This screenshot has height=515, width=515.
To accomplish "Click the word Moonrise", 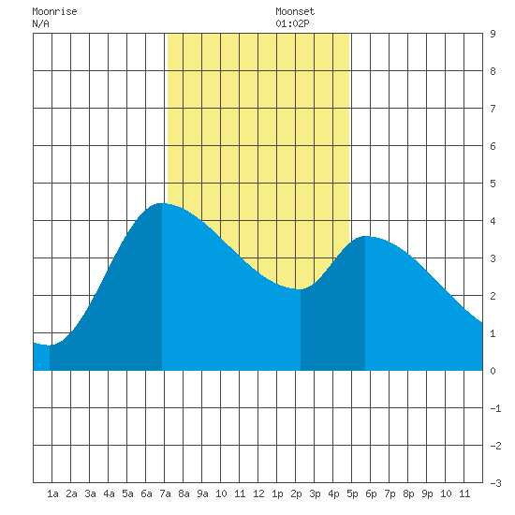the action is [x=54, y=11].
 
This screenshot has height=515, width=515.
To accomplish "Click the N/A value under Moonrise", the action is [x=40, y=23].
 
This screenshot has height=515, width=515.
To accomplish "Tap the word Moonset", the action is [x=295, y=11].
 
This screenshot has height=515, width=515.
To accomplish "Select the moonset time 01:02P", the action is [x=292, y=23].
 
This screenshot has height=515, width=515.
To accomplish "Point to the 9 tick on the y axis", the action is [x=493, y=34].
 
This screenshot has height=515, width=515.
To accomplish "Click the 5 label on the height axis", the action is [x=493, y=184].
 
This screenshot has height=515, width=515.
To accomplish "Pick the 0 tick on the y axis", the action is [x=493, y=371].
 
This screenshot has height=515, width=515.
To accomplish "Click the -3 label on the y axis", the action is [x=495, y=483].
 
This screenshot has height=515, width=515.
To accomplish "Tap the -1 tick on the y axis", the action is [x=495, y=408].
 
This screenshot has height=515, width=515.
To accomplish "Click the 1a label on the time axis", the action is [x=52, y=493].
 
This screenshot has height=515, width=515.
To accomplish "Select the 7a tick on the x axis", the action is [x=165, y=493].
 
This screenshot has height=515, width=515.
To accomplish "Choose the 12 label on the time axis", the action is [x=258, y=493].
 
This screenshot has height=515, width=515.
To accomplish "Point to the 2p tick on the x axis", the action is [x=296, y=493].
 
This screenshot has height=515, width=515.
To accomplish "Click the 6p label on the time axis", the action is [x=371, y=493].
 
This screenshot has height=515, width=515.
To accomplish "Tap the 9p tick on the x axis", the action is [x=427, y=493].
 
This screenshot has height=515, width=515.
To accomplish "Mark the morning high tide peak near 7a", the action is [x=160, y=203].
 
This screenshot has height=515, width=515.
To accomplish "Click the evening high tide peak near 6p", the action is [x=365, y=236].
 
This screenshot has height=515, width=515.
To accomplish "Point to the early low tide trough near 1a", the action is [x=50, y=346].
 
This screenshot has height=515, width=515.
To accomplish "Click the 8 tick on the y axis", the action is [x=493, y=71].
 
